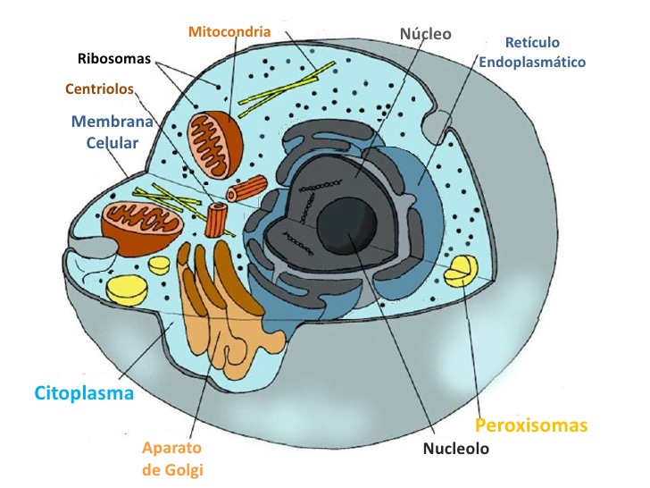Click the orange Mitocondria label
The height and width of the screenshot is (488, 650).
point(229,31)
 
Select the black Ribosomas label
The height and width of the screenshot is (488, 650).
point(114,58)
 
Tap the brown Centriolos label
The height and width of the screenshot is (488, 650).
point(99,88)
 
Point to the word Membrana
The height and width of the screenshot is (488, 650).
point(112,122)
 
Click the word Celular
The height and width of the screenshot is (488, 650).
point(112,143)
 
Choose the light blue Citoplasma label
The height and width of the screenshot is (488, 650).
point(84,393)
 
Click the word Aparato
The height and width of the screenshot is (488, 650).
point(171,448)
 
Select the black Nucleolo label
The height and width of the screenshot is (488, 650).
point(456,448)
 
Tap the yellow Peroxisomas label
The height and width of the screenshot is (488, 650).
point(531,425)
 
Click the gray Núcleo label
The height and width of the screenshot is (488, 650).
point(426,34)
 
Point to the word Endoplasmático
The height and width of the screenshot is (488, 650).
point(532,63)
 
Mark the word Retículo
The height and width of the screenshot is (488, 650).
point(532,42)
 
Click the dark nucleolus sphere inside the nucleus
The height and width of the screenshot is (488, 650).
point(346,226)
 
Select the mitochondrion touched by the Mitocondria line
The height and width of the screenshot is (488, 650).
point(214,145)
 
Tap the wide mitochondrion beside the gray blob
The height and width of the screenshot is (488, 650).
point(142,228)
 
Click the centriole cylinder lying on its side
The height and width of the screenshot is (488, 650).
point(247,189)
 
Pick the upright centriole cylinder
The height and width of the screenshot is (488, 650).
point(216,220)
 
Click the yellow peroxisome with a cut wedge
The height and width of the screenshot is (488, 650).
point(461,271)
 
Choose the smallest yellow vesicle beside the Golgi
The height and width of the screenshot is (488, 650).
point(159,265)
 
